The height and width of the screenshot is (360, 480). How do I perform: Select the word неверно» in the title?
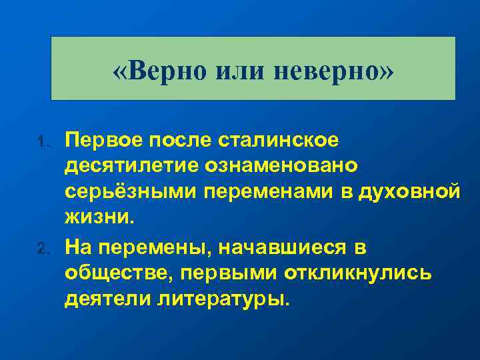(x=331, y=70)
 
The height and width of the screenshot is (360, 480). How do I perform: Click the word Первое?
(x=103, y=139)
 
